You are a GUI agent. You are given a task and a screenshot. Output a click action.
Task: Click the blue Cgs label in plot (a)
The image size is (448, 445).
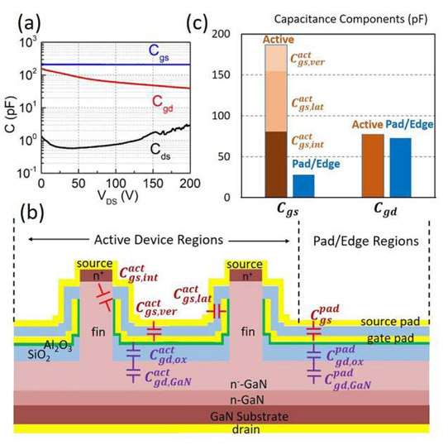pyautogui.click(x=159, y=53)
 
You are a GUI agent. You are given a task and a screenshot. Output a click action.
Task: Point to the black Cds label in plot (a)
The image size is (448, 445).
pyautogui.click(x=160, y=151)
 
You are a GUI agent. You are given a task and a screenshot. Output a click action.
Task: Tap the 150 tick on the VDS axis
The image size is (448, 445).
pyautogui.click(x=153, y=184)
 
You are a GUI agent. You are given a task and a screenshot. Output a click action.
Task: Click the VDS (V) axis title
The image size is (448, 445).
pyautogui.click(x=117, y=198)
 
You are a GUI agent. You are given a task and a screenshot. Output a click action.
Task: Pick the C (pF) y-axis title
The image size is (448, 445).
pyautogui.click(x=11, y=114)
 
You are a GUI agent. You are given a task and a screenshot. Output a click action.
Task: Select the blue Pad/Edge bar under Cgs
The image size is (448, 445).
pyautogui.click(x=303, y=186)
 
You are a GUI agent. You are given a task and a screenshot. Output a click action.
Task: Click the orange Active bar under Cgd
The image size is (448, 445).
pyautogui.click(x=373, y=165)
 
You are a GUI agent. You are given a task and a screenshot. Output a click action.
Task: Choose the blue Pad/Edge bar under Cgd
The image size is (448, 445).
pyautogui.click(x=400, y=168)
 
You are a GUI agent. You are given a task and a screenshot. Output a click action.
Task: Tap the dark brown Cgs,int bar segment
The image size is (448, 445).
pyautogui.click(x=276, y=165)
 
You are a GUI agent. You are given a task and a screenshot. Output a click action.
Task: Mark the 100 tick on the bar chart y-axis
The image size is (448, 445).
pyautogui.click(x=222, y=116)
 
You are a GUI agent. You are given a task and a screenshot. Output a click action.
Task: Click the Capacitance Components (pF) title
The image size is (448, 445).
pyautogui.click(x=350, y=20)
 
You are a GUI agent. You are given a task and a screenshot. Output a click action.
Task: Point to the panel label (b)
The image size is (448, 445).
pyautogui.click(x=32, y=213)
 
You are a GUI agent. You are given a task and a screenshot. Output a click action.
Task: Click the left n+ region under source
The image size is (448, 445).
pyautogui.click(x=96, y=275)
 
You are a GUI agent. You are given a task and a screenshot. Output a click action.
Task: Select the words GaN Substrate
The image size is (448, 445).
pyautogui.click(x=249, y=416)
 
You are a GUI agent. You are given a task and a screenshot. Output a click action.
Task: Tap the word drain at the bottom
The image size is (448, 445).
pyautogui.click(x=246, y=429)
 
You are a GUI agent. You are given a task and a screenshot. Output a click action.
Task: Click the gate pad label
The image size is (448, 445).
pyautogui.click(x=390, y=338)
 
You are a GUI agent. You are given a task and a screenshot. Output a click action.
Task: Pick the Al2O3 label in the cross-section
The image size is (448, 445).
pyautogui.click(x=58, y=346)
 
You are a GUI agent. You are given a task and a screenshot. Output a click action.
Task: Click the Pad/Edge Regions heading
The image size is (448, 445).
pyautogui.click(x=366, y=241)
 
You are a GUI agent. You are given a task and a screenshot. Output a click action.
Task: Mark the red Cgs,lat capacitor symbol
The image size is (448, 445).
pyautogui.click(x=217, y=311)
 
